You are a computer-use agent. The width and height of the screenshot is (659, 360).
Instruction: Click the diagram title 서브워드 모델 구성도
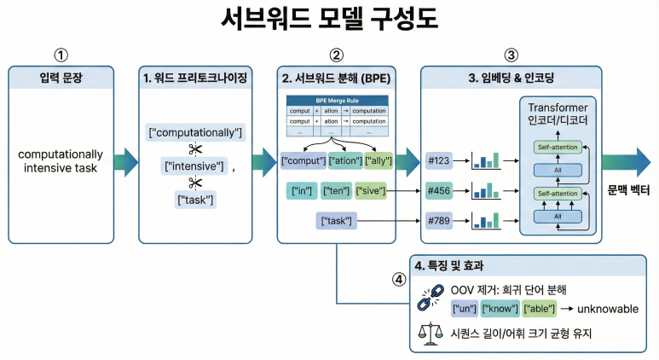pos(329,20)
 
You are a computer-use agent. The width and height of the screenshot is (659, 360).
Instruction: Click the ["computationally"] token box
pos(196,133)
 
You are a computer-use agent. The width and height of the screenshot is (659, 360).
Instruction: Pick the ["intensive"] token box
pos(195,165)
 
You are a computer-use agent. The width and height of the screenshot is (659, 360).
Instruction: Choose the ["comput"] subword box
pos(303,160)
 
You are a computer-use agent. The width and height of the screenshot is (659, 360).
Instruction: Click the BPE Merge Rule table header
pos(337,101)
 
